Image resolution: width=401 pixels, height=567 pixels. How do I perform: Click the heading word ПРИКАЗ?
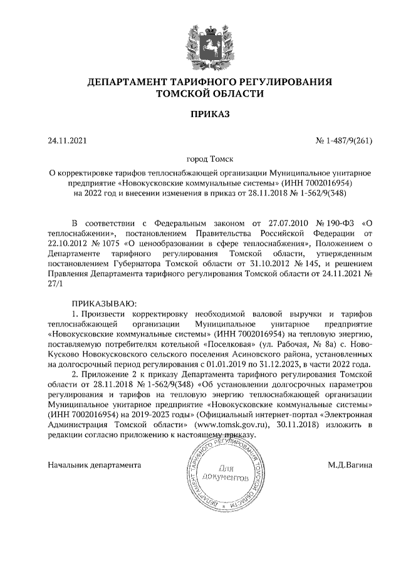(200, 114)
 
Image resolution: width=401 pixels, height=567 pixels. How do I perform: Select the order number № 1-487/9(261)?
(343, 141)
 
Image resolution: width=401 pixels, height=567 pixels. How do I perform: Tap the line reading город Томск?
(200, 160)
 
